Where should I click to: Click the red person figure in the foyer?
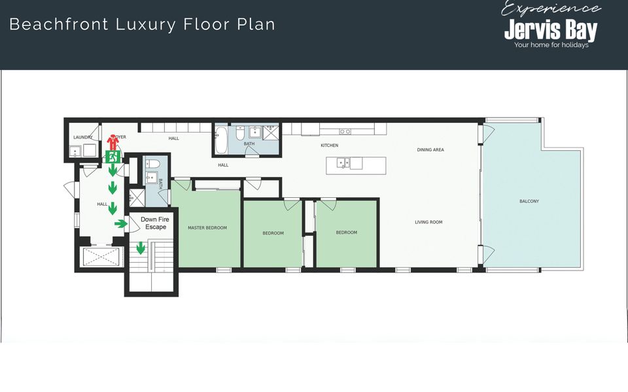point(112,142)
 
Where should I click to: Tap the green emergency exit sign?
point(112,157)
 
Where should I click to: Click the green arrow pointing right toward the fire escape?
point(121,224)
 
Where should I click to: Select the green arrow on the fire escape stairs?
point(141,248)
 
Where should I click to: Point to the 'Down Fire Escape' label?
point(155,223)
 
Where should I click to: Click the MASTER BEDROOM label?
point(207,228)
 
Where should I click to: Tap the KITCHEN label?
point(329,145)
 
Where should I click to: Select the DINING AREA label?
point(430,150)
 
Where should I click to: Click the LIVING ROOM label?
point(428,222)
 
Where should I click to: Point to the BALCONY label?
point(529,201)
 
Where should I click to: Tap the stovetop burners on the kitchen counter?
point(345,131)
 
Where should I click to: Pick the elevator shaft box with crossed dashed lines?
point(99,259)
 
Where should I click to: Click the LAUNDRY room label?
point(82,137)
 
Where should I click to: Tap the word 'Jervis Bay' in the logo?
point(550,30)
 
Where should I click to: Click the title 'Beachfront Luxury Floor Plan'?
point(142,25)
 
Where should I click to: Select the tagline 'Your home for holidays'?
point(551,45)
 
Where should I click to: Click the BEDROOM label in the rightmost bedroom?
point(346,233)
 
